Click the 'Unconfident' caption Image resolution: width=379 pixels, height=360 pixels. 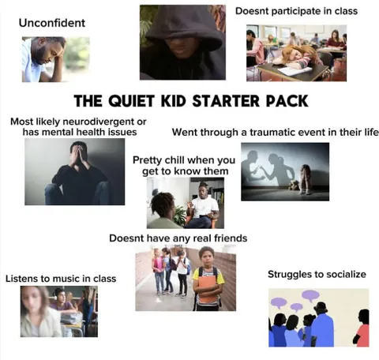tap(51, 23)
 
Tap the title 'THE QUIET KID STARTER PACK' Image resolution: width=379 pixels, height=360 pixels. tap(189, 101)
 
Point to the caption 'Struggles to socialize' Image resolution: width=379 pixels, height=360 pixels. tap(317, 274)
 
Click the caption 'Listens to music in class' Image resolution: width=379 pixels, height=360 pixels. tap(60, 279)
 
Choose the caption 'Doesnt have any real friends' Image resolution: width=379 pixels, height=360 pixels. tap(189, 238)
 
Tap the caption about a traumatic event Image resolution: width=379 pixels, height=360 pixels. tap(276, 132)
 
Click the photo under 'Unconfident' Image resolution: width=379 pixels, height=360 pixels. tap(54, 59)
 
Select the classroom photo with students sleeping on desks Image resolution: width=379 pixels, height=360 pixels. tap(296, 52)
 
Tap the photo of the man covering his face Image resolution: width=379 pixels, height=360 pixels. tap(73, 172)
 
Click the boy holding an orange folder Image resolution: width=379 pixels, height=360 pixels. tap(207, 278)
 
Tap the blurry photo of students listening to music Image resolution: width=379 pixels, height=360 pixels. tap(58, 311)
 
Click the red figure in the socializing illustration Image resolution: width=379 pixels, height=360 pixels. tap(362, 328)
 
